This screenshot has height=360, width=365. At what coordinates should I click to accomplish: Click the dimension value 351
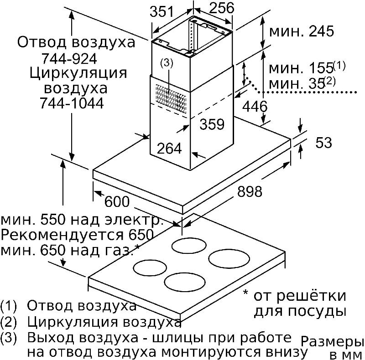pos(162,12)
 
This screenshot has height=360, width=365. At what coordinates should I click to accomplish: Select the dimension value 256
pos(221,8)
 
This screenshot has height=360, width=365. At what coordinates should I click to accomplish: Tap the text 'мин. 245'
pos(302,31)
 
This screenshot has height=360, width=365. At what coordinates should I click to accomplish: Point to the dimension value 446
pos(255,107)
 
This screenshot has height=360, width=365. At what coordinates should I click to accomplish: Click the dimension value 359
pos(212,124)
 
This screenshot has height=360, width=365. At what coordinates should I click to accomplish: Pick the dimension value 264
pos(169,148)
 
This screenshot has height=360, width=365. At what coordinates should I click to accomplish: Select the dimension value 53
pos(323,142)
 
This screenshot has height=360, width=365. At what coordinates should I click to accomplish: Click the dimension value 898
pos(250,192)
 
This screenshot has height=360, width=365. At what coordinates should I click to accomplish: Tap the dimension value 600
pos(117,201)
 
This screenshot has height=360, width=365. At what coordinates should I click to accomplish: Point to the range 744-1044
pos(72,103)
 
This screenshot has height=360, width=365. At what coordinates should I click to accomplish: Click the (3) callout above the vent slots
pos(167,63)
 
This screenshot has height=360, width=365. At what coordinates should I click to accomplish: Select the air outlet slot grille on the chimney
pos(171,99)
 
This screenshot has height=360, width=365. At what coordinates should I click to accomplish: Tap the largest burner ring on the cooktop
pos(229,258)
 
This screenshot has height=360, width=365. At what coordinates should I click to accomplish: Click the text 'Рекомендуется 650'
pos(77,235)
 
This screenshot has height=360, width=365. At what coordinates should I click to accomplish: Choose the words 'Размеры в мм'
pos(333,348)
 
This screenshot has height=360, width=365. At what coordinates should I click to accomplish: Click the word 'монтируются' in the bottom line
pos(211,352)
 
